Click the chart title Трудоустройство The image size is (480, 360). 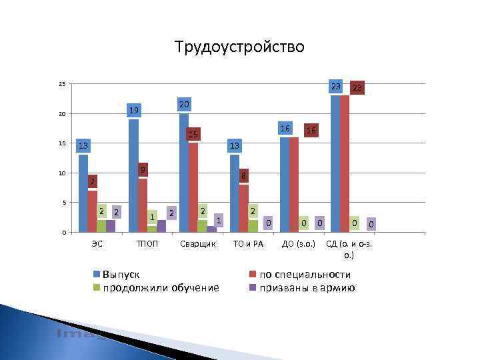point(239,47)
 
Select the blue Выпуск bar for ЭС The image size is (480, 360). point(83,193)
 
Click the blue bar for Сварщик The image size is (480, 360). point(184,173)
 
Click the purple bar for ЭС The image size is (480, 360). point(111,226)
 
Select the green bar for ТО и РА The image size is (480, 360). point(253,226)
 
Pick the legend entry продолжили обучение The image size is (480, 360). point(161,288)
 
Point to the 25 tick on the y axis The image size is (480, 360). point(61,84)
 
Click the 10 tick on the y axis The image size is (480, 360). point(61,173)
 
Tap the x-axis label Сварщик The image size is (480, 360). point(198,244)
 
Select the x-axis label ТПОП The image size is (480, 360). point(147,244)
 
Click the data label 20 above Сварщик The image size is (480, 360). point(185,105)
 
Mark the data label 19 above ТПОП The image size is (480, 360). point(134,110)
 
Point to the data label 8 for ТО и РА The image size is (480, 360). point(244,176)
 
